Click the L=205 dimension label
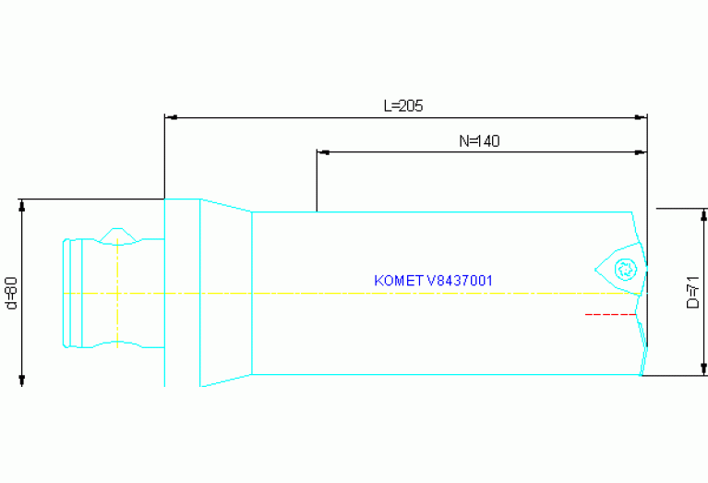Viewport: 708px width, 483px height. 402,105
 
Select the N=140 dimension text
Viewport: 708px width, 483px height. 479,141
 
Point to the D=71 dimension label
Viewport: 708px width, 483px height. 693,291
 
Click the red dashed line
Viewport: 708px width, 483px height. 610,315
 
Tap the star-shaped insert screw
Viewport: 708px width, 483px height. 624,270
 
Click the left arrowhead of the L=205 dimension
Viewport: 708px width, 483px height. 170,117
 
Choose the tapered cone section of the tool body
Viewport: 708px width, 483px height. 226,293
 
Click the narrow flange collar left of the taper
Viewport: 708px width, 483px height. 182,293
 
